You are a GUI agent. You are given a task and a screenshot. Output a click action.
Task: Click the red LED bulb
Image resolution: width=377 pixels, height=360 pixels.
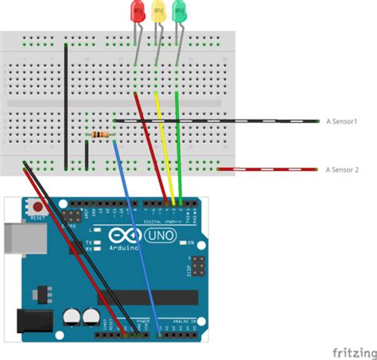pos(136,12)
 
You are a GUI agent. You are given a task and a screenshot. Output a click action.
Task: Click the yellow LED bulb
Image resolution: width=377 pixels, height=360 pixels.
pos(157,12)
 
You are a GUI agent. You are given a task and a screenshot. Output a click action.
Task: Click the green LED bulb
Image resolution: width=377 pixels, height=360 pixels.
pos(179,12)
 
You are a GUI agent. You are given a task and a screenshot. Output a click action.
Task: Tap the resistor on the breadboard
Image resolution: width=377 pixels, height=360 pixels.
pos(101,135)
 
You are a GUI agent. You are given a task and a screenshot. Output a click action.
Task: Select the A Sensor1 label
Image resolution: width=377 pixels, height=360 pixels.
pos(342,121)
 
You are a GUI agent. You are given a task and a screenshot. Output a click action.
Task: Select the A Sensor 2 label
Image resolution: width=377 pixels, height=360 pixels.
pos(343,169)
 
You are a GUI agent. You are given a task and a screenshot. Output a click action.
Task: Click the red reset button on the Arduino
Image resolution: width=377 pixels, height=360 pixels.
pos(37,208)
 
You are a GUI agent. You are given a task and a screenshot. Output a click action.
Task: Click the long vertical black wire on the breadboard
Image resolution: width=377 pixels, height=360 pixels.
pos(66,95)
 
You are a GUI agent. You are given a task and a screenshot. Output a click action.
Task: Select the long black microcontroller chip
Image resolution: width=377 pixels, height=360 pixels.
pos(147,297)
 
